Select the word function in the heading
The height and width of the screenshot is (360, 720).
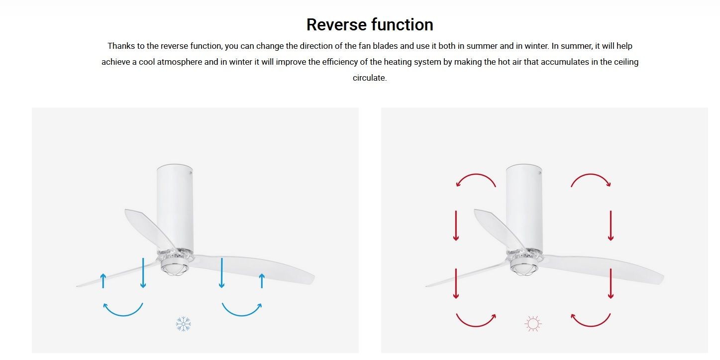pos(402,25)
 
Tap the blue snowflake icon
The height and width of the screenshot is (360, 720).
pos(183,324)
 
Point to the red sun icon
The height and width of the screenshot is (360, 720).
pos(532,324)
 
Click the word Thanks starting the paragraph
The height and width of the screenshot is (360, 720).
pos(121,46)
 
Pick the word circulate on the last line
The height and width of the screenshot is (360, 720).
pos(370,78)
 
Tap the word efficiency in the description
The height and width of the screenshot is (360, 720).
pos(340,62)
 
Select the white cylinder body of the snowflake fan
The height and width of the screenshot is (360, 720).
pos(175,208)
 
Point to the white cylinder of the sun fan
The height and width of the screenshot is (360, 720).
pos(524,208)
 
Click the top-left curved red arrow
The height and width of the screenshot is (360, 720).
pos(476,175)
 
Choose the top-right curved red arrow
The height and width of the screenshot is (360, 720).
pos(591,175)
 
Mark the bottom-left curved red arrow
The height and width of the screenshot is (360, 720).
pos(476,326)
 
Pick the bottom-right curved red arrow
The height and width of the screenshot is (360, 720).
pos(591,326)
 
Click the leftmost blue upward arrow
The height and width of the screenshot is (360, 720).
pos(103,281)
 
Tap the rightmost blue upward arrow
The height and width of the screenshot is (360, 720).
pos(262,281)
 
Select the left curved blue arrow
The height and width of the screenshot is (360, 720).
pos(123,315)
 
